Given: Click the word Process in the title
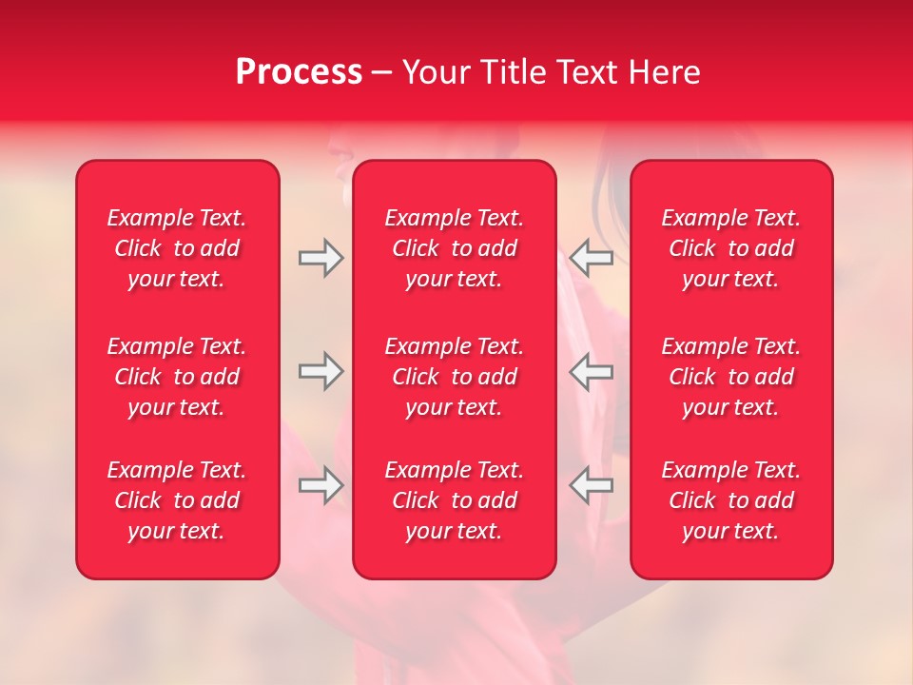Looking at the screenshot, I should click(x=299, y=72).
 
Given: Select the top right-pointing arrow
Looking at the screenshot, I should click(x=321, y=258).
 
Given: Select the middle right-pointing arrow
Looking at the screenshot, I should click(x=321, y=372).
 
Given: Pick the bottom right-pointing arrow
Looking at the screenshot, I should click(x=321, y=486).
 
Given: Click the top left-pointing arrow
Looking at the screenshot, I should click(x=591, y=258).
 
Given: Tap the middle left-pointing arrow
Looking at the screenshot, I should click(x=591, y=372).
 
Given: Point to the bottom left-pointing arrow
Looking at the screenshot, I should click(x=591, y=486).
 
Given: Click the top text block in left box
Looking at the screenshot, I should click(x=177, y=248).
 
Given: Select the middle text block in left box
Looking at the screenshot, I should click(x=177, y=377).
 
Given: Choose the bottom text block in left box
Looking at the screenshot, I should click(x=177, y=500).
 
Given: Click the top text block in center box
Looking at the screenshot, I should click(x=455, y=248).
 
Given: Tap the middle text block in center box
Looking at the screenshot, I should click(x=455, y=377).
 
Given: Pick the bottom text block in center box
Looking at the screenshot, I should click(x=455, y=500).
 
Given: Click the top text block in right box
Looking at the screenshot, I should click(x=731, y=248).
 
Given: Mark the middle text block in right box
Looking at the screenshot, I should click(x=731, y=377).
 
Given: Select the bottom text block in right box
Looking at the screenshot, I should click(x=731, y=500).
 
